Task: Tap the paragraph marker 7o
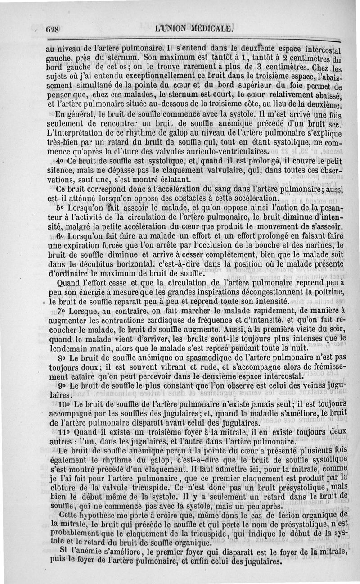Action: [x=61, y=312]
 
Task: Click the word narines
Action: [x=317, y=245]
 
